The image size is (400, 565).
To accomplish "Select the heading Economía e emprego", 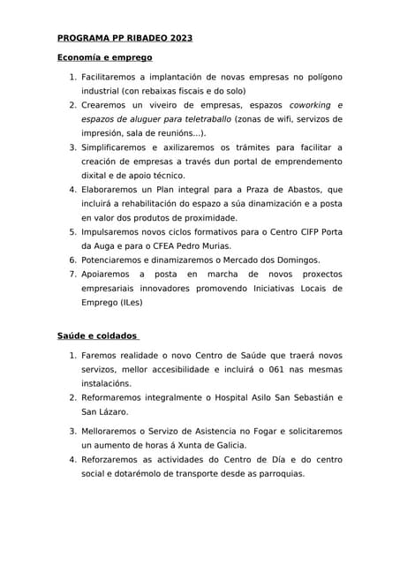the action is coord(105,57).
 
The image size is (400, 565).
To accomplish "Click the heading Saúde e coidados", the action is coord(96,336).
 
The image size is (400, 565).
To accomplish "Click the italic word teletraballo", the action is coord(206,119).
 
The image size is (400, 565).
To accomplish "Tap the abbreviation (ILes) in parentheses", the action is coord(126,303).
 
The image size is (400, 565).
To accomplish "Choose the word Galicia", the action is coord(225,446).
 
